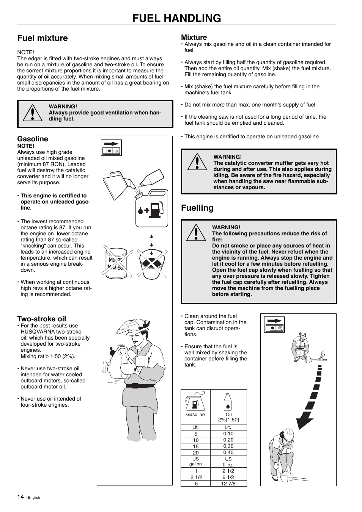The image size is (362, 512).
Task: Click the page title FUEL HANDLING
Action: coord(176,18)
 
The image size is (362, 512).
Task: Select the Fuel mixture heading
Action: coord(42,38)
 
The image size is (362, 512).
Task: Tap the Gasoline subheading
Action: coord(33,139)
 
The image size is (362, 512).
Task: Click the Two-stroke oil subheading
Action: coord(41,319)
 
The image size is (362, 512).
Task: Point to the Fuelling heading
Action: coord(197,208)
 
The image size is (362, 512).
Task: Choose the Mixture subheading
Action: coord(194,37)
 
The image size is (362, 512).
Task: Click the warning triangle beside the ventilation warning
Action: coord(32,113)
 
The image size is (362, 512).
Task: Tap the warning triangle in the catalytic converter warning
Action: coord(197,162)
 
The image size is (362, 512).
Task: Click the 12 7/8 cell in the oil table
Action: coord(228,483)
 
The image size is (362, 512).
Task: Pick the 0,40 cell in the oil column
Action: coord(228,452)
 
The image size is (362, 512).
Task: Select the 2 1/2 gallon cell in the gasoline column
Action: coord(196,477)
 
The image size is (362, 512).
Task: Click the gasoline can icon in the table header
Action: coord(195,402)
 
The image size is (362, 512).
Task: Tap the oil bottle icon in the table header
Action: coord(228,402)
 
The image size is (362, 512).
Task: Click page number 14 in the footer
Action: coord(20,497)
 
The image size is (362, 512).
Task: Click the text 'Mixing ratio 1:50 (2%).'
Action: coord(48,356)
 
